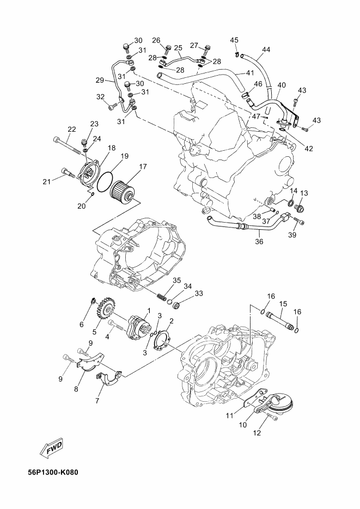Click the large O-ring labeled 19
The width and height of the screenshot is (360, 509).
click(105, 181)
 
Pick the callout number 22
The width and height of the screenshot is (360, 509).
click(72, 129)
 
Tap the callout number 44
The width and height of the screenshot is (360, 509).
click(266, 50)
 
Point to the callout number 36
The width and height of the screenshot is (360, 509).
click(259, 242)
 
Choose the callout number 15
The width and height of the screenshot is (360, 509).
click(283, 304)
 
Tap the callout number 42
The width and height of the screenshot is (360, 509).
click(309, 149)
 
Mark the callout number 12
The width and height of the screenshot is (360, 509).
click(257, 433)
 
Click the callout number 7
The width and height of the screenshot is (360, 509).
click(97, 400)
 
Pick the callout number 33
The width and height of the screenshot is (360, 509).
click(199, 293)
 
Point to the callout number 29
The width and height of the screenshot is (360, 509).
click(100, 79)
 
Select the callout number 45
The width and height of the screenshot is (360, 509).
click(234, 40)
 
